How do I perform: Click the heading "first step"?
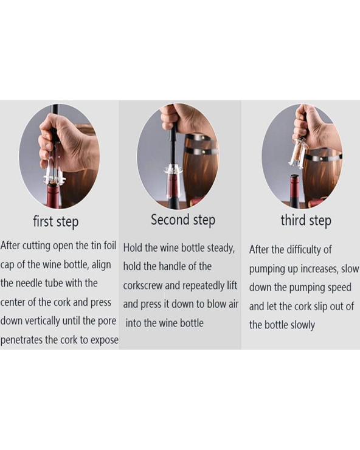pos(56,222)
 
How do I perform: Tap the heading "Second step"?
pos(183,220)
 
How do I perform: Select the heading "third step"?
pos(306,221)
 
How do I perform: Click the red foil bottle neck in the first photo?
pos(54,194)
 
